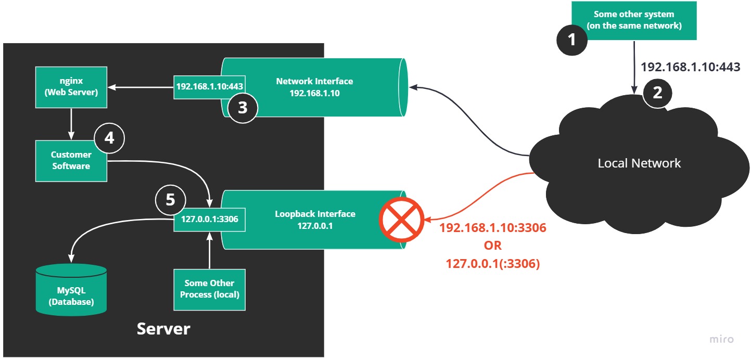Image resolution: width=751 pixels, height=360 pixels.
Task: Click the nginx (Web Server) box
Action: (71, 87)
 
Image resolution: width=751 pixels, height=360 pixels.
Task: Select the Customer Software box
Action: (71, 160)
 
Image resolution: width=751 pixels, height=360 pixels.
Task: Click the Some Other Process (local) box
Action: (209, 289)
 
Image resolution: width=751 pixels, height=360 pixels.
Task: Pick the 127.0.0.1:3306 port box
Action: (209, 219)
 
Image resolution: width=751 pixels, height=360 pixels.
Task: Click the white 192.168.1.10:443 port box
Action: (209, 86)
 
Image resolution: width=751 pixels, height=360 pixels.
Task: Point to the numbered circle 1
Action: (572, 40)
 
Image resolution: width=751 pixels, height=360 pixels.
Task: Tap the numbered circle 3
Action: (243, 108)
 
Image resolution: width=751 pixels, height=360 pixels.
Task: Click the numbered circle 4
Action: (109, 138)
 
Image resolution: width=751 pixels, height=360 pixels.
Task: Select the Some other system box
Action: (634, 20)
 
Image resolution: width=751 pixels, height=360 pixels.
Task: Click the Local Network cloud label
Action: (639, 163)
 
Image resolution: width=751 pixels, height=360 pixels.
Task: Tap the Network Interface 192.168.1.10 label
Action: (314, 86)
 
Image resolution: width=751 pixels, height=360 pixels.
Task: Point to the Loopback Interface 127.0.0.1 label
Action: (315, 220)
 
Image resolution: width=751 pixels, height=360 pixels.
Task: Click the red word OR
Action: (492, 246)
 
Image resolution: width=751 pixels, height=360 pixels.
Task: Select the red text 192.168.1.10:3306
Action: (493, 228)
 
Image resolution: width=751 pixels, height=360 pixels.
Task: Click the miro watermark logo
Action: (722, 339)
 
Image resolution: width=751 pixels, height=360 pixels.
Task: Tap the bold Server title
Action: (163, 329)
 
